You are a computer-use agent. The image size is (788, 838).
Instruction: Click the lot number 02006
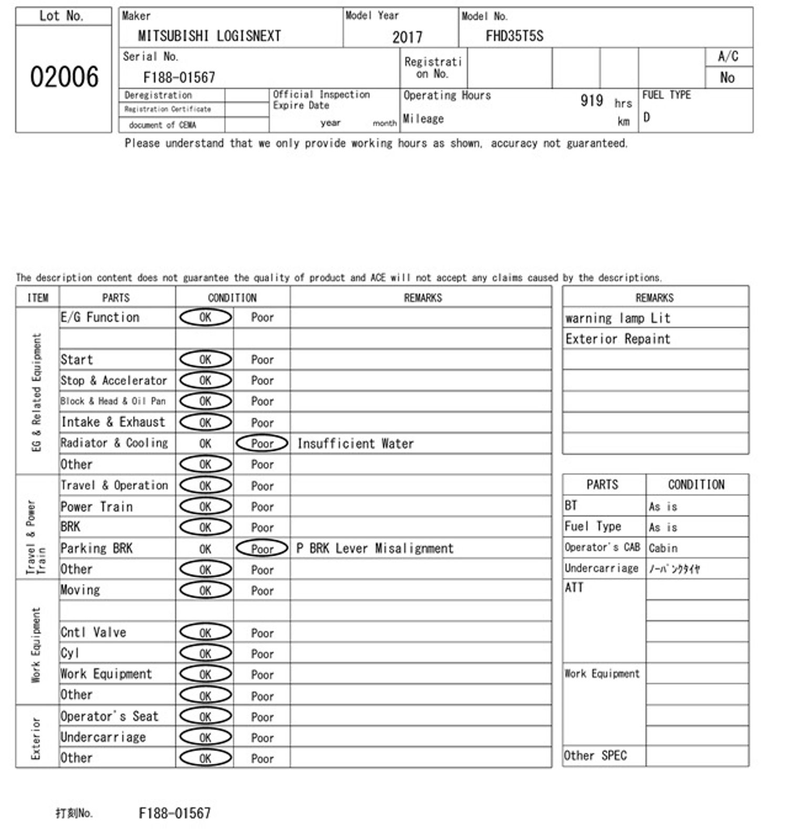[x=64, y=77]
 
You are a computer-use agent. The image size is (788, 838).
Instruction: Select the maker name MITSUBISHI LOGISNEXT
[x=209, y=36]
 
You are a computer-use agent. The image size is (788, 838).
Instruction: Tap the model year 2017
[x=407, y=37]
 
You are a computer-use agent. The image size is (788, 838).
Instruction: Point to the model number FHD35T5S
[x=514, y=36]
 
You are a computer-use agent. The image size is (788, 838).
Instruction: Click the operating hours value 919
[x=592, y=100]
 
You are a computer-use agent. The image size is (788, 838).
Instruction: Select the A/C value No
[x=727, y=78]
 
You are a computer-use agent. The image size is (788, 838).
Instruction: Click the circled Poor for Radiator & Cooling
[x=262, y=444]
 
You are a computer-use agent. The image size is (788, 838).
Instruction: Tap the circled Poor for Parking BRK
[x=262, y=549]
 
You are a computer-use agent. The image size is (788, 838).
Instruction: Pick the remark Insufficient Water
[x=355, y=444]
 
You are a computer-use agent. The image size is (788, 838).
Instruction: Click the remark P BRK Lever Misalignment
[x=375, y=548]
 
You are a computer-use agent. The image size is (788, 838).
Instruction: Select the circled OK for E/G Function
[x=205, y=318]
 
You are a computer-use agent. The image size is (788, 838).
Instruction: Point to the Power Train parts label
[x=97, y=507]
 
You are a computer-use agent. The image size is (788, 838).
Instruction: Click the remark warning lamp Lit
[x=618, y=318]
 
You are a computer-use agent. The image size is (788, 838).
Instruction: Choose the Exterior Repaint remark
[x=618, y=339]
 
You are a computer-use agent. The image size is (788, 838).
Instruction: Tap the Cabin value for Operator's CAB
[x=663, y=548]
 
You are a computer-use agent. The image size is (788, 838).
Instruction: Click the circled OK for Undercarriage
[x=205, y=738]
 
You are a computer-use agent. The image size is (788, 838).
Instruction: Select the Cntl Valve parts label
[x=93, y=632]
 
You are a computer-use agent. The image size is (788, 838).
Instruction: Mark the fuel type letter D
[x=647, y=117]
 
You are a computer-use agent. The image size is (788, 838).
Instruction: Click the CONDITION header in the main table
[x=232, y=298]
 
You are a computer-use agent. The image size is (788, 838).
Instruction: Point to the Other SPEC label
[x=595, y=755]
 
